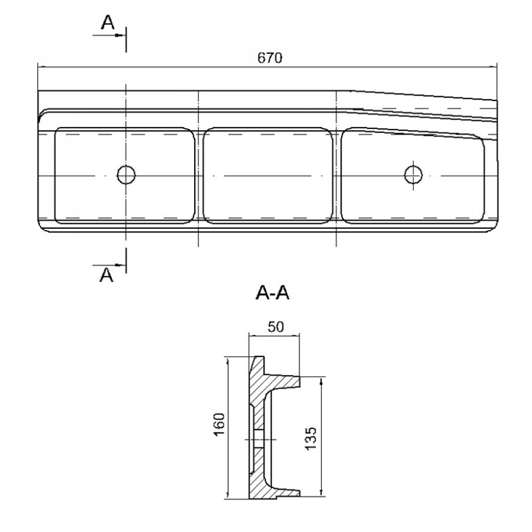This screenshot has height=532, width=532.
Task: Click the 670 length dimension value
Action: tap(270, 58)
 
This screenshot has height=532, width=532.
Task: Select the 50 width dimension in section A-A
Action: tap(276, 327)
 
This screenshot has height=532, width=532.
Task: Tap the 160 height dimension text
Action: tap(220, 425)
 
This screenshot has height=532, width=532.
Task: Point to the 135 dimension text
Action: tap(311, 438)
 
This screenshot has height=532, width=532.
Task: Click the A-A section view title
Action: tap(272, 293)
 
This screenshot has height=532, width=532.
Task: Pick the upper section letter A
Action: tap(108, 23)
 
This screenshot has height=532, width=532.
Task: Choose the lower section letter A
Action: tap(106, 275)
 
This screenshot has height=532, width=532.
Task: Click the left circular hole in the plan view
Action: tap(126, 175)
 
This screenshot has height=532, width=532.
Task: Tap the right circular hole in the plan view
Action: tap(413, 174)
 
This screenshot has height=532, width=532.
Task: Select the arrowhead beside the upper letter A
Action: tap(119, 35)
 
